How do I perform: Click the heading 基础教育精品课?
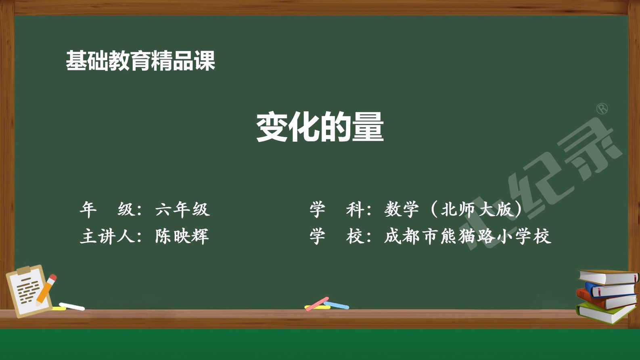[x=140, y=61]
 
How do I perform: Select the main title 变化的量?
[x=320, y=127]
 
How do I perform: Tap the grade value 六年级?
[x=182, y=209]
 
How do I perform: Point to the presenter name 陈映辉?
[x=182, y=236]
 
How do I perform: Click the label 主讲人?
[x=107, y=236]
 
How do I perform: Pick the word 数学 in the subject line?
[x=402, y=209]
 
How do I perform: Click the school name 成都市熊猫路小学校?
[x=467, y=236]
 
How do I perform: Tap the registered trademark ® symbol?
[x=602, y=109]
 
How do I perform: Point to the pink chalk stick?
[x=317, y=304]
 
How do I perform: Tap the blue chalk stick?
[x=336, y=305]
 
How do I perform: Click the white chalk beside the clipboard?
[x=72, y=306]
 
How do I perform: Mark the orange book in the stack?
[x=606, y=299]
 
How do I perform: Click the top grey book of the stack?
[x=609, y=277]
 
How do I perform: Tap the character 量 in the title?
[x=368, y=128]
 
